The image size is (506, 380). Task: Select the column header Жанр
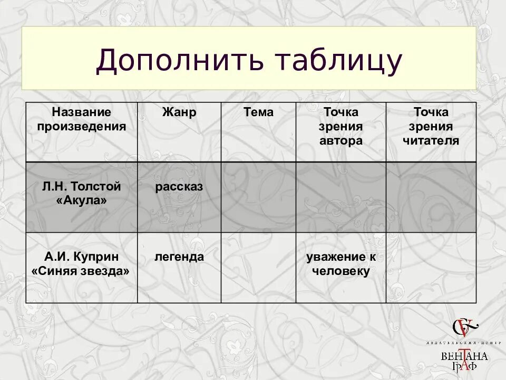tap(179, 112)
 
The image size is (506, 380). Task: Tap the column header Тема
tap(258, 112)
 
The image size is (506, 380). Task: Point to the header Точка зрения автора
tap(341, 127)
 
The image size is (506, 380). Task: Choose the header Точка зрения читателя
tap(431, 127)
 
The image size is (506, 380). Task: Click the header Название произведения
tap(82, 119)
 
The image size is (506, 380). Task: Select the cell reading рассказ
tap(179, 187)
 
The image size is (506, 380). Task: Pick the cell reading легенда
tap(179, 257)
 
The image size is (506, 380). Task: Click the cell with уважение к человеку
tap(341, 264)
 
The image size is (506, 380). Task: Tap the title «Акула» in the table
tap(82, 201)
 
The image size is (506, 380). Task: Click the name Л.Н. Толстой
tap(82, 187)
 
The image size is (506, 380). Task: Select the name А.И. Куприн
tap(82, 257)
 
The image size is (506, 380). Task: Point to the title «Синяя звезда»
tap(82, 271)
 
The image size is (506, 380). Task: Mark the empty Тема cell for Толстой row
tap(258, 197)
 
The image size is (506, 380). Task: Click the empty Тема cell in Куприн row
tap(258, 268)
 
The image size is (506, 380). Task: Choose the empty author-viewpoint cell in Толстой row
tap(341, 197)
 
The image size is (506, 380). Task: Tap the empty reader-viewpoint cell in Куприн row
tap(431, 268)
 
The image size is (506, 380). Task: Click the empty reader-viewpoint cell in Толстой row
tap(431, 197)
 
